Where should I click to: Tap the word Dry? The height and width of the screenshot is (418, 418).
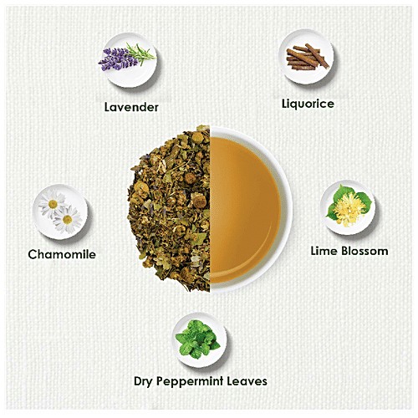pyautogui.click(x=145, y=381)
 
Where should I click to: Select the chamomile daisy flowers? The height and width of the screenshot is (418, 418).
pyautogui.click(x=60, y=211)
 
